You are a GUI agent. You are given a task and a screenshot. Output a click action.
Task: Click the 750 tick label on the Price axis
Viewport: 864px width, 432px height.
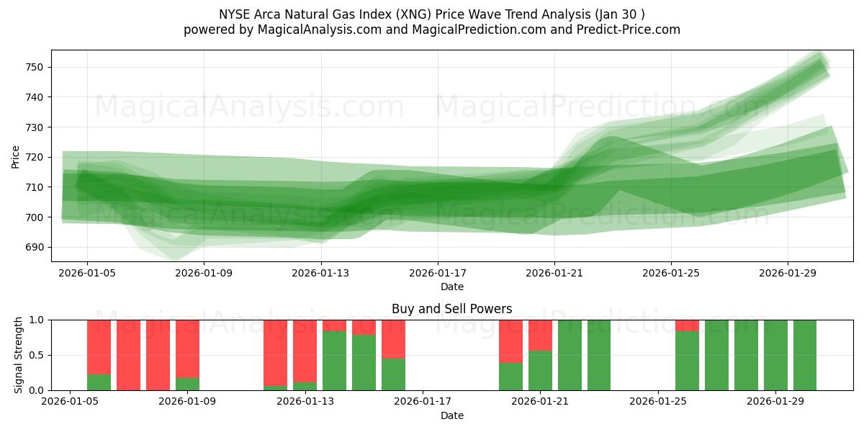[34, 67]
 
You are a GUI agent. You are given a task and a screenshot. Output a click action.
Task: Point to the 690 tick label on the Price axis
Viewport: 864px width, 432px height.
[34, 247]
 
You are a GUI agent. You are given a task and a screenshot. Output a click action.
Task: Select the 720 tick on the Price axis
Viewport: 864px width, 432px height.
[34, 157]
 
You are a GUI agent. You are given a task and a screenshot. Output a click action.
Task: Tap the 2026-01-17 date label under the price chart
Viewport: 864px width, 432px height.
[438, 274]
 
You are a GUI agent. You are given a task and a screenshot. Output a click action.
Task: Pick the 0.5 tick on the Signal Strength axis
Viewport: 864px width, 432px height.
[36, 355]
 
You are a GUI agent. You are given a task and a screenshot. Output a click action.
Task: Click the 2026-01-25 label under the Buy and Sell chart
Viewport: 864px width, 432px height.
[658, 402]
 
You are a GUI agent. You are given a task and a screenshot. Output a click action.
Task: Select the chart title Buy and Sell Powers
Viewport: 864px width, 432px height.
[451, 309]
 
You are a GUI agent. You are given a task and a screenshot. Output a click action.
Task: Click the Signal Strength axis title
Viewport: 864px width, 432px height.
[19, 355]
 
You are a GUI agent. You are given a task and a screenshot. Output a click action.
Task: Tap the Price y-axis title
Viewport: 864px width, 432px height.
[16, 157]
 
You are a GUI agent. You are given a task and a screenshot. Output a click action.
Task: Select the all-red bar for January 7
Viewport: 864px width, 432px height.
[128, 355]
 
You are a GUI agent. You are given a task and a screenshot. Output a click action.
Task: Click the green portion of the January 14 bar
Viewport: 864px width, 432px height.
[334, 361]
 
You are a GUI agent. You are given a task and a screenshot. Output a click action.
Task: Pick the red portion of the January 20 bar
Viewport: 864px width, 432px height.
[510, 341]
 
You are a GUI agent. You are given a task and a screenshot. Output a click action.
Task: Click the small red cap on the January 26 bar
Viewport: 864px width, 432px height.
[687, 325]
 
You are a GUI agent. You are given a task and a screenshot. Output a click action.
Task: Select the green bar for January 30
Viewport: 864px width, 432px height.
[805, 355]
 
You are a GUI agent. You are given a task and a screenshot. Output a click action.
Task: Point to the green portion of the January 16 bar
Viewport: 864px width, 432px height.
[393, 374]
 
